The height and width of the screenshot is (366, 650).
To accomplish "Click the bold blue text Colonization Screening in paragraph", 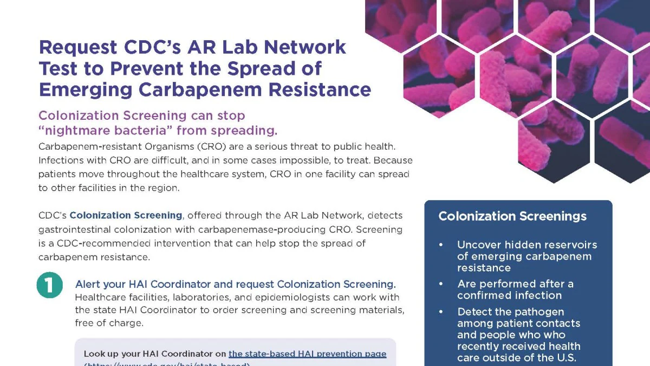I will (126, 215).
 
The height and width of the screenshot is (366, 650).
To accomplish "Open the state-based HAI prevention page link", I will (307, 354).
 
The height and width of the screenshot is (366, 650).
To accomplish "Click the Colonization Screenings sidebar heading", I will (512, 216).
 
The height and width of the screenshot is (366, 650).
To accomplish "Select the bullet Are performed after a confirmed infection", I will (515, 290).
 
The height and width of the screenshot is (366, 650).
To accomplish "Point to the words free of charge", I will (109, 323).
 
